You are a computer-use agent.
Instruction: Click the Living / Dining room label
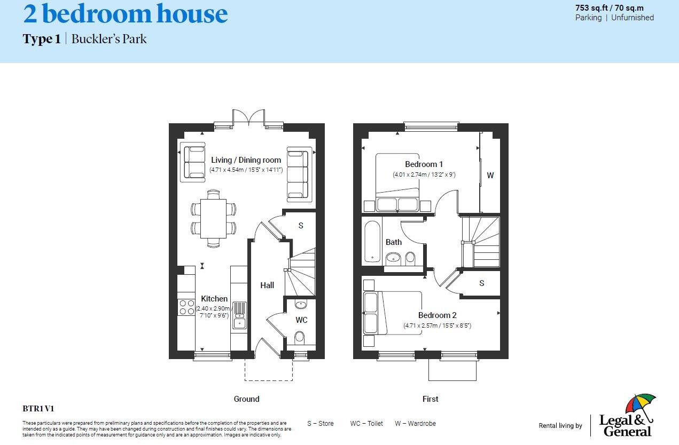coord(246,160)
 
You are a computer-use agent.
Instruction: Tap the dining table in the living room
coord(213,219)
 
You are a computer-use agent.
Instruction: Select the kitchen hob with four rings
coord(186,307)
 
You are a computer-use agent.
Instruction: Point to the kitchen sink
coord(239,315)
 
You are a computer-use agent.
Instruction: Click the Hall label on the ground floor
coord(267,285)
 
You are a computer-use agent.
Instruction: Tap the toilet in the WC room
coord(300,338)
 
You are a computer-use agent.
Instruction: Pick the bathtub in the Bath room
coord(372,242)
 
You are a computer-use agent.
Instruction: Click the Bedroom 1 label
coord(424,164)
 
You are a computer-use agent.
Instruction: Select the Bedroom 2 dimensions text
coord(437,325)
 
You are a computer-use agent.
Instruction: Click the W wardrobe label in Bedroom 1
coord(490,175)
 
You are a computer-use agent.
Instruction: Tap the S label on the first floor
coord(482,283)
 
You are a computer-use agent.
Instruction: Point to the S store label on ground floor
coord(301,226)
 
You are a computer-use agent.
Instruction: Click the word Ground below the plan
coord(246,399)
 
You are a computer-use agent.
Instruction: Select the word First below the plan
coord(431,399)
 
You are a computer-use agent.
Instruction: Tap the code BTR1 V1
coord(38,409)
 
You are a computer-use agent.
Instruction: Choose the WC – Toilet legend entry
coord(366,424)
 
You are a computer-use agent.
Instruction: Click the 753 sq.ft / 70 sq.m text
coord(609,8)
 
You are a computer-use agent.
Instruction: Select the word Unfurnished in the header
coord(633,18)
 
